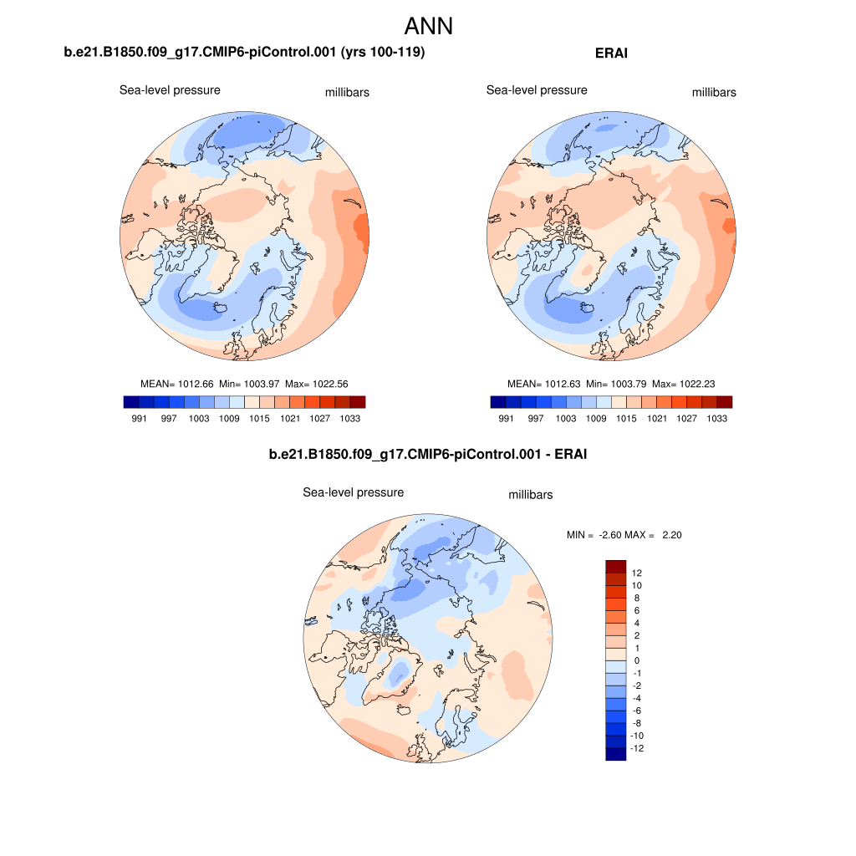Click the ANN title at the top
click(x=428, y=26)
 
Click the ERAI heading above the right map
click(x=611, y=53)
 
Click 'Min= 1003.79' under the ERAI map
click(x=617, y=384)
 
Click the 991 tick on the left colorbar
click(x=140, y=419)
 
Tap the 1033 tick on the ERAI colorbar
click(x=717, y=419)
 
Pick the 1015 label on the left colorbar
click(x=260, y=419)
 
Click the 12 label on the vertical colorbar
click(x=637, y=573)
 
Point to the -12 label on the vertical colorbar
click(x=639, y=749)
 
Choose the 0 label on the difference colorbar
click(x=636, y=661)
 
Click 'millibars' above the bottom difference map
click(x=531, y=495)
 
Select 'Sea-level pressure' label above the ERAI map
click(x=537, y=90)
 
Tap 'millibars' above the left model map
click(x=347, y=93)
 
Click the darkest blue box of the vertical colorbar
click(x=616, y=754)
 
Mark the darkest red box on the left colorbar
click(x=358, y=402)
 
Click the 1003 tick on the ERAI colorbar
click(x=567, y=419)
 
